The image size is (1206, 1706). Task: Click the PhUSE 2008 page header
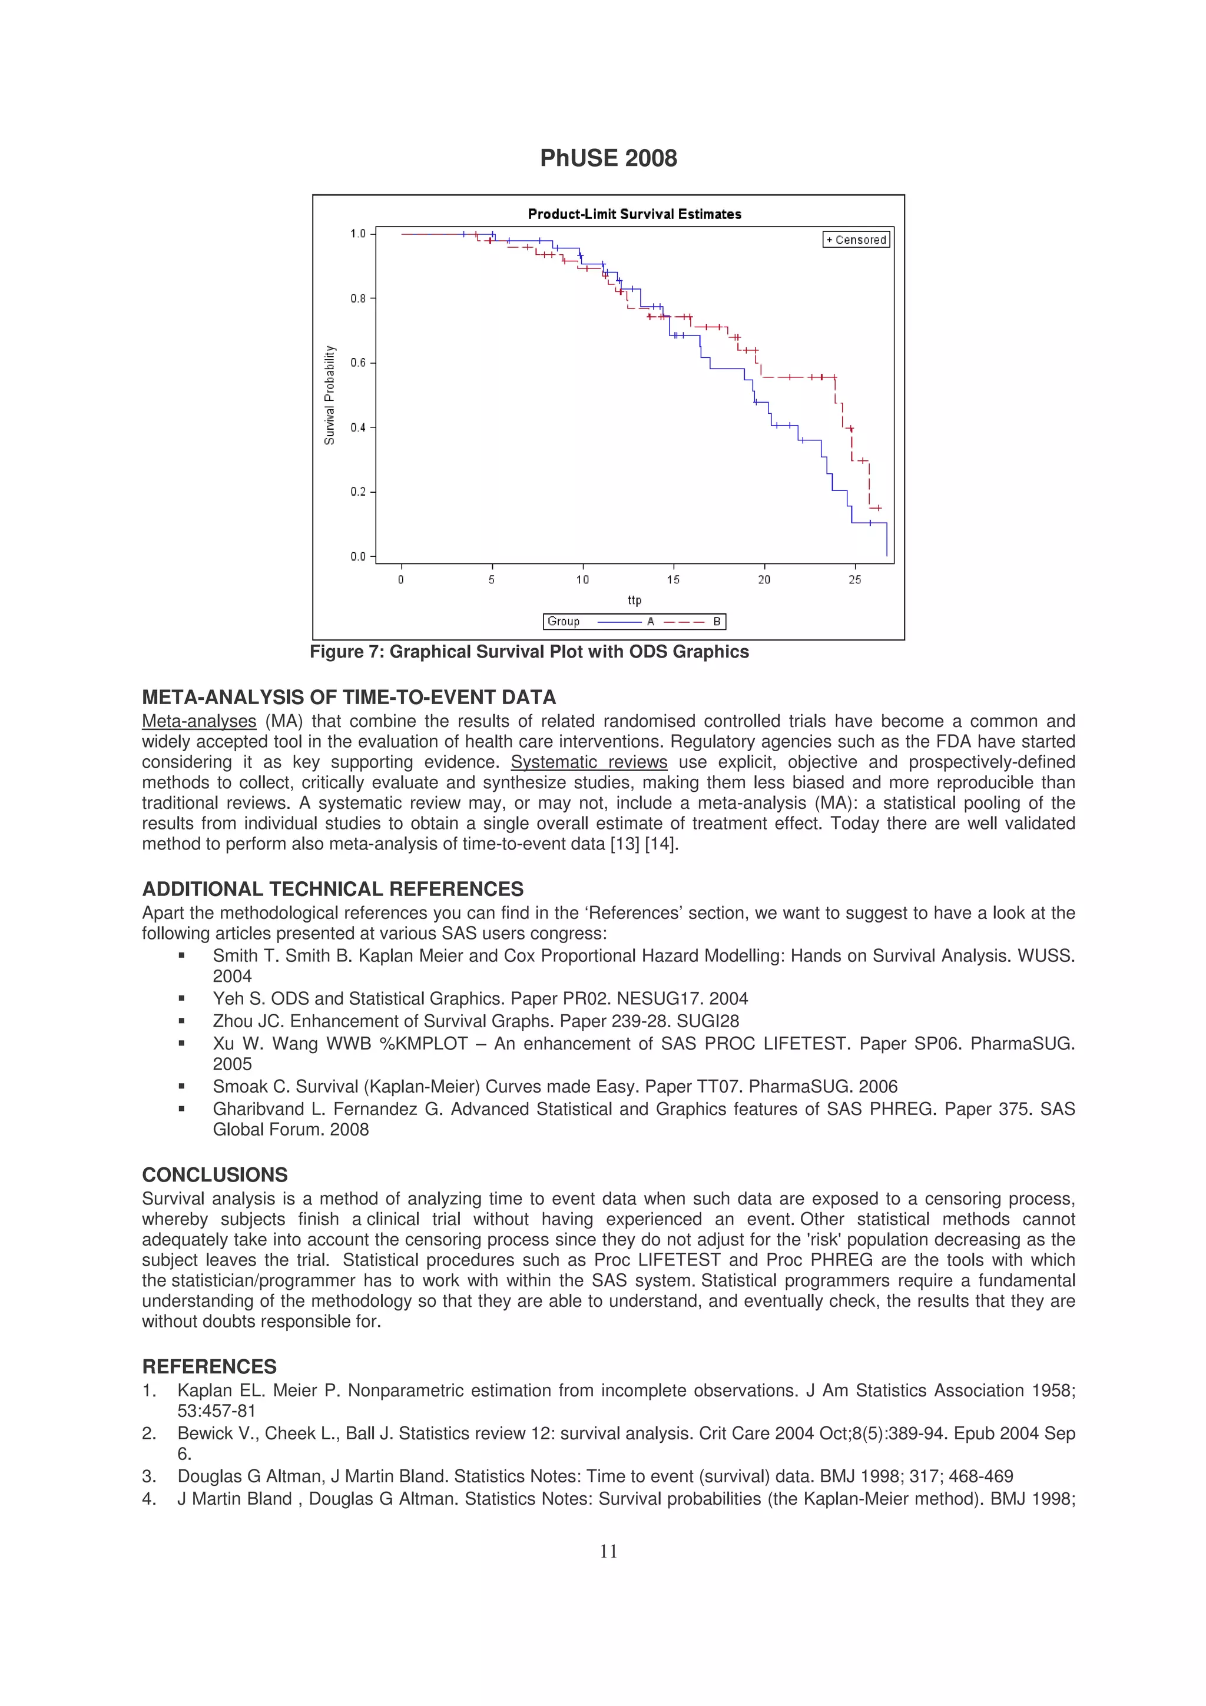tap(608, 158)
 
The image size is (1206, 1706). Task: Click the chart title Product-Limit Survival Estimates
tap(634, 214)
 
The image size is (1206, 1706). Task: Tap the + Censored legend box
tap(856, 239)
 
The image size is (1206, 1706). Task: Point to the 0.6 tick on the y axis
tap(359, 363)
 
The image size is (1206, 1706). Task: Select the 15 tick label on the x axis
tap(672, 580)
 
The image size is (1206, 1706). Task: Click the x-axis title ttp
tap(634, 600)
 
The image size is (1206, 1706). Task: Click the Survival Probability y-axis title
tap(329, 395)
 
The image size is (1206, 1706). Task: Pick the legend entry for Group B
tap(692, 621)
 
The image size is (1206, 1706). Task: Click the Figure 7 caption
tap(529, 652)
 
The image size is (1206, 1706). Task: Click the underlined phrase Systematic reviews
tap(588, 762)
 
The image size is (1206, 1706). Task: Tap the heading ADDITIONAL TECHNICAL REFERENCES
tap(332, 889)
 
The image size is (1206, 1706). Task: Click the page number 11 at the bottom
tap(608, 1551)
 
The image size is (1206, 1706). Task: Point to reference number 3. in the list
tap(148, 1476)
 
